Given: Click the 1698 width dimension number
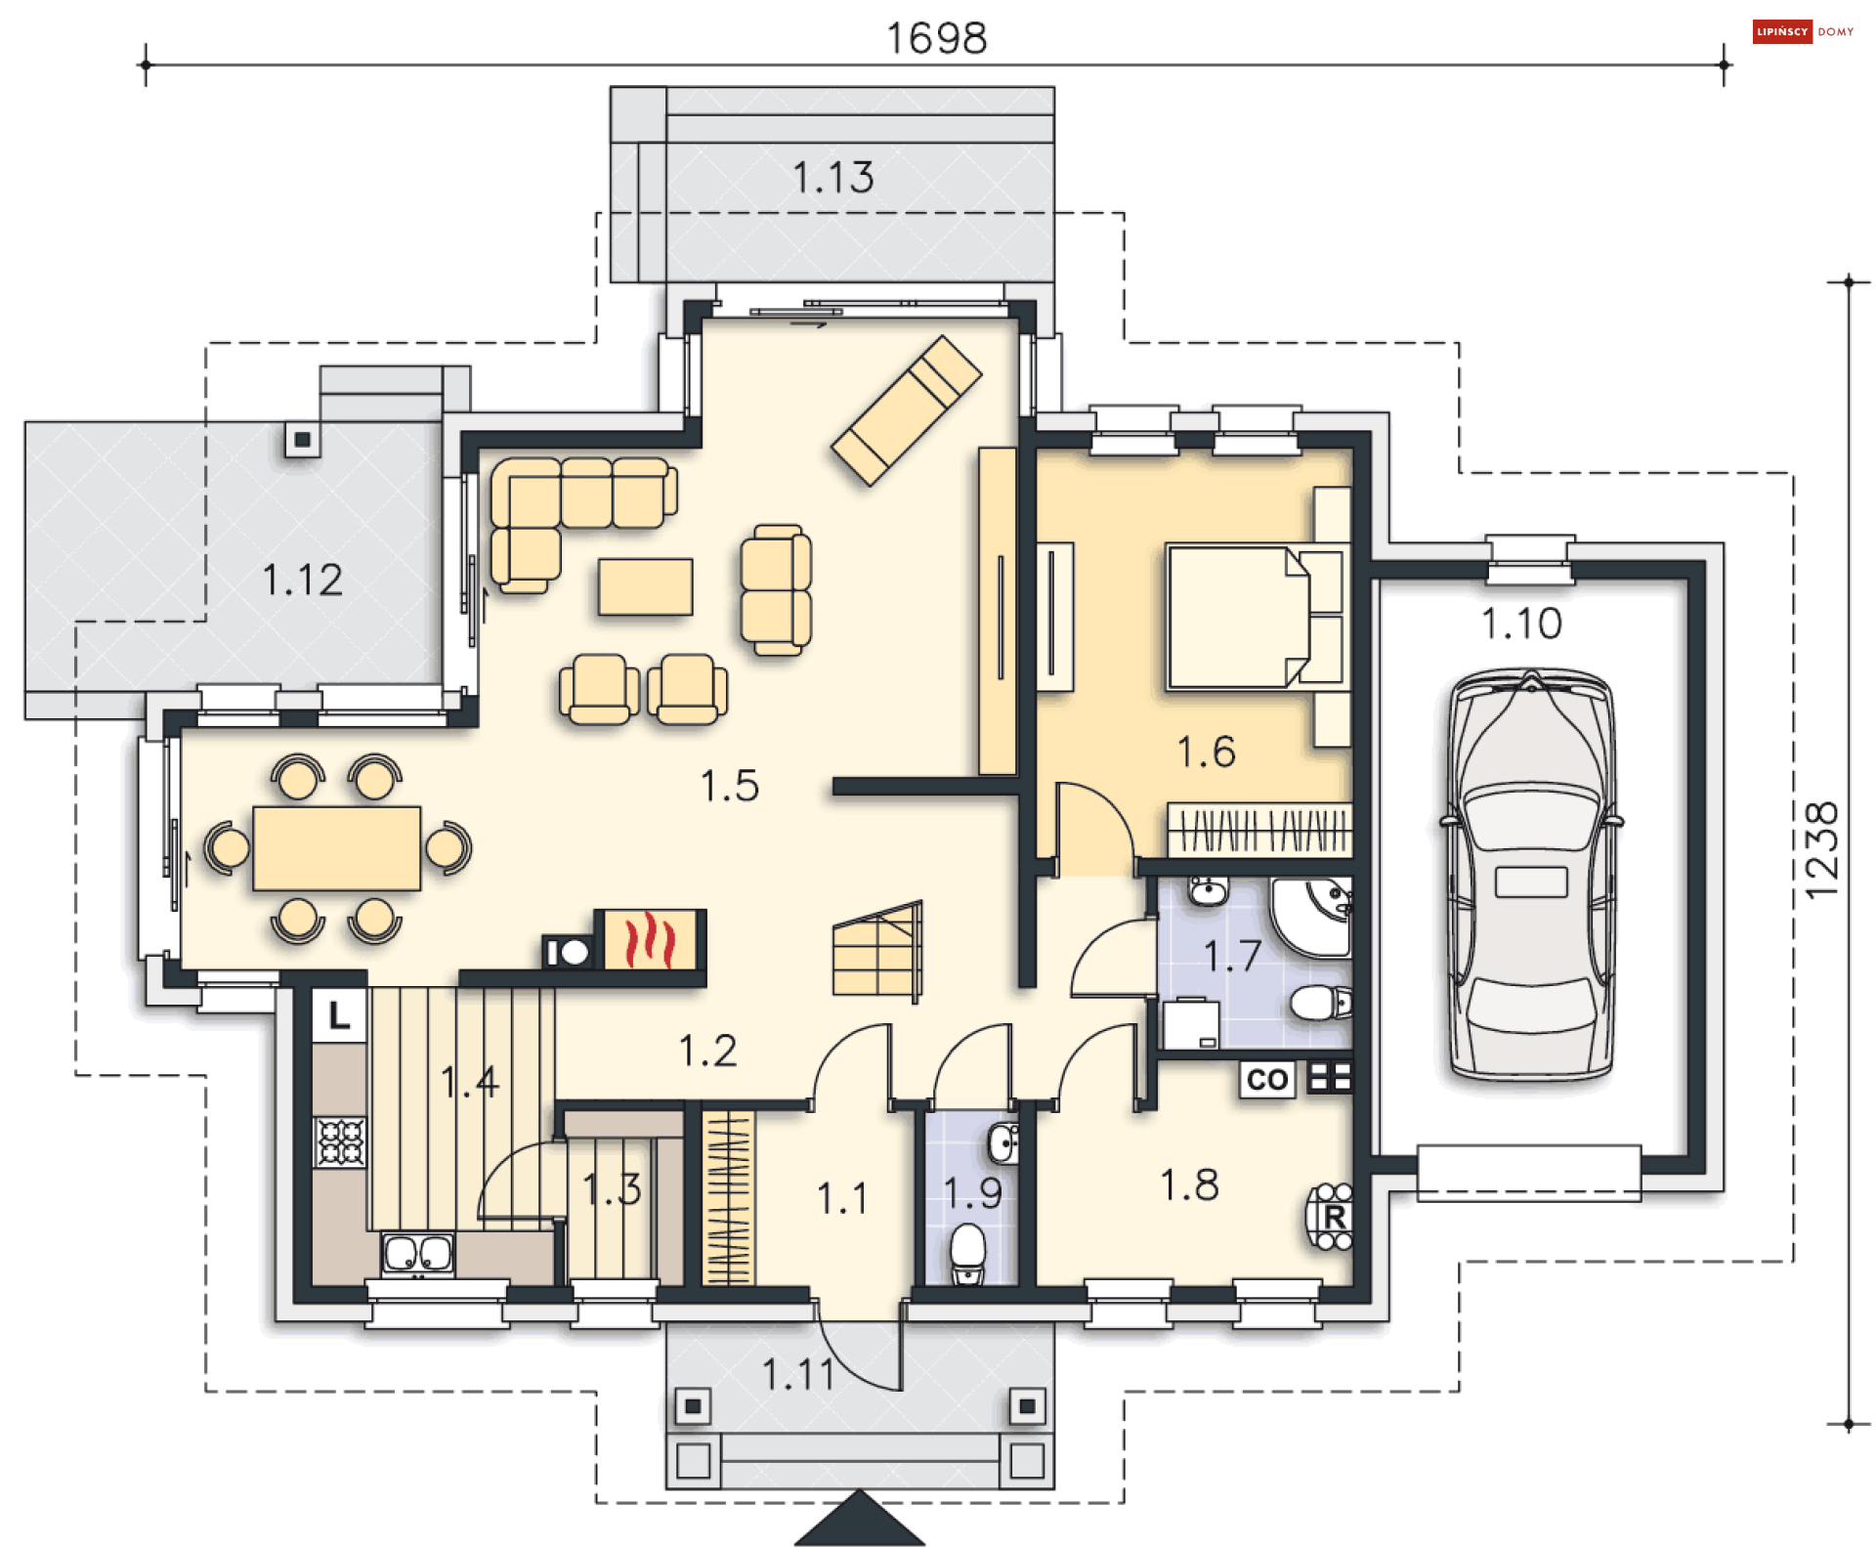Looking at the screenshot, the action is point(936,39).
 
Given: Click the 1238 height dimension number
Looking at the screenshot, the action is point(1822,850).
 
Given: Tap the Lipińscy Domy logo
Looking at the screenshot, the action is point(1803,31).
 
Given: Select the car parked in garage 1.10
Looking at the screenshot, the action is point(1531,875).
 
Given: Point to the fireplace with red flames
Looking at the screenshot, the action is point(650,939).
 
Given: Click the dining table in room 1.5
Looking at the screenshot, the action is point(337,848).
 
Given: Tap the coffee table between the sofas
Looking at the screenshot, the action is point(646,586).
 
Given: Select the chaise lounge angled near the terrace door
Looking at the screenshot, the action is point(906,410).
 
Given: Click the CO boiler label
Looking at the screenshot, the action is point(1267,1079).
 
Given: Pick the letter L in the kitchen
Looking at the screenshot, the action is point(339,1015).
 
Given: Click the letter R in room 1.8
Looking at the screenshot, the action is point(1335,1218).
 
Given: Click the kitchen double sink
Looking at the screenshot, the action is point(418,1253).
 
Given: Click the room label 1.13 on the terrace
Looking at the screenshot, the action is point(832,178).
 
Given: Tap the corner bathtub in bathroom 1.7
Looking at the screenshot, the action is point(1311,917).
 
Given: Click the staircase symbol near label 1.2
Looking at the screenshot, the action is point(877,950).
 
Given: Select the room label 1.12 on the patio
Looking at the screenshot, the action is point(303,580).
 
